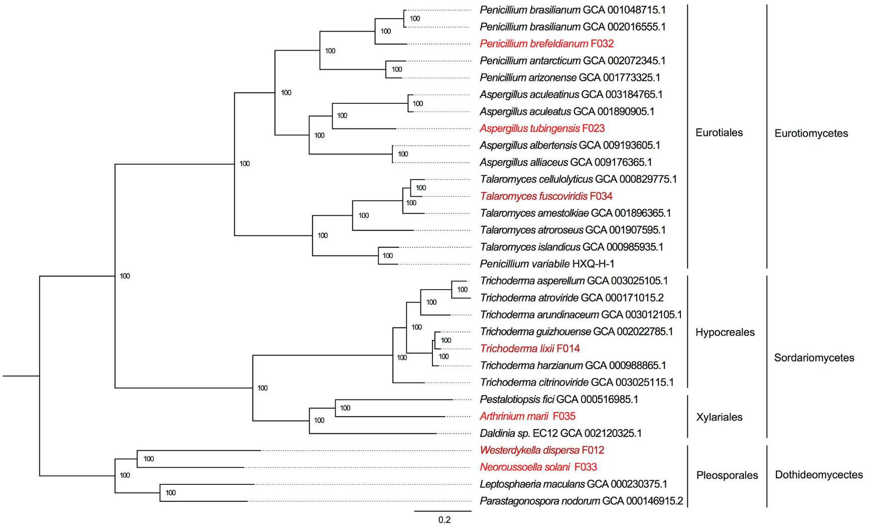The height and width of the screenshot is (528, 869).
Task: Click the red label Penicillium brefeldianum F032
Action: [546, 44]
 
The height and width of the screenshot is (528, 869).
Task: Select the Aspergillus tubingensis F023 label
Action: [542, 128]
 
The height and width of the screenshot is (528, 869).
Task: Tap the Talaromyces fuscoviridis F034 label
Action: [546, 196]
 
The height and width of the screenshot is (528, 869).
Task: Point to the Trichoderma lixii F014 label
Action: [530, 349]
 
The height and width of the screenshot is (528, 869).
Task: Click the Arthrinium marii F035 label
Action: [527, 417]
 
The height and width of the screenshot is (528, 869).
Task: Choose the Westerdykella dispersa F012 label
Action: [542, 450]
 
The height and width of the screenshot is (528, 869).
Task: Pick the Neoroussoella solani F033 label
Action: [538, 467]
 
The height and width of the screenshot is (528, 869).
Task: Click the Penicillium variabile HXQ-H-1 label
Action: [547, 264]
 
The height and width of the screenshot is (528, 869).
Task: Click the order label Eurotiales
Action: [719, 133]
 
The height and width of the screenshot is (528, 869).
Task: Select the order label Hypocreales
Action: [725, 332]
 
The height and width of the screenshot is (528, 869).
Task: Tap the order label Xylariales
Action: [719, 417]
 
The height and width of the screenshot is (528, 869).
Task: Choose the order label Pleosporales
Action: [727, 475]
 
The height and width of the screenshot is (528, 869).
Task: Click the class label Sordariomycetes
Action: [814, 358]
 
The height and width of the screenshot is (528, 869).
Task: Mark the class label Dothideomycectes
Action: [819, 475]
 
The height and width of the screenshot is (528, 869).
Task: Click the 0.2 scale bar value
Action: [444, 520]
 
